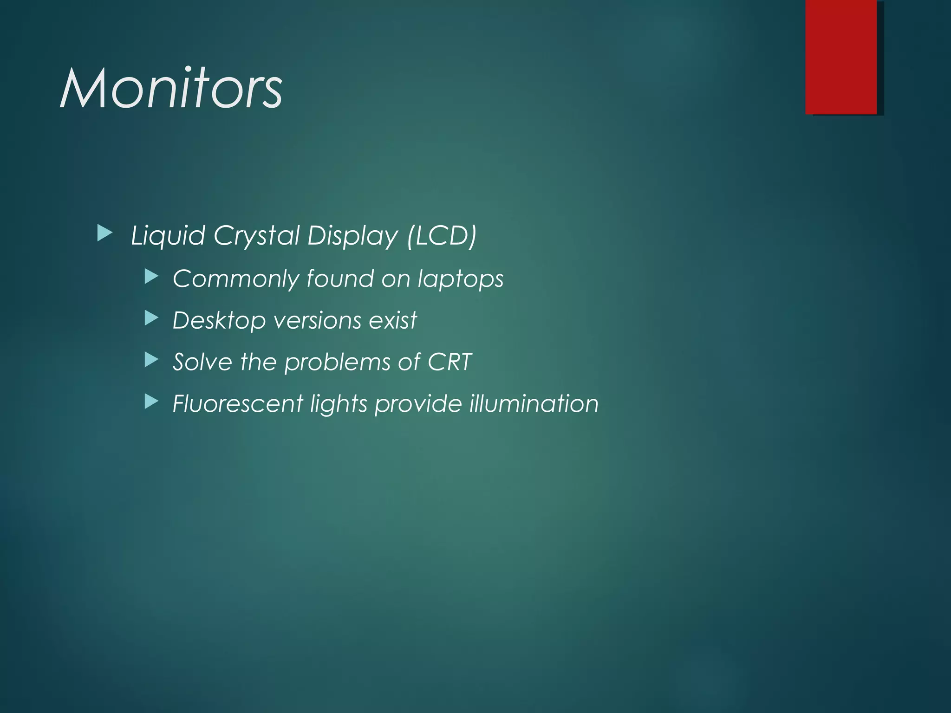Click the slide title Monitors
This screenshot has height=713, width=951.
tap(171, 88)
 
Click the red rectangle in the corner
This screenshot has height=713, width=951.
tap(840, 57)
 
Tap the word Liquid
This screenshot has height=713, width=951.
tap(168, 235)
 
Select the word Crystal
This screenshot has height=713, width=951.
tap(256, 236)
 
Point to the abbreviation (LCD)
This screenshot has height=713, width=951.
tap(442, 236)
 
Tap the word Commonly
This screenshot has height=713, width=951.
tap(236, 279)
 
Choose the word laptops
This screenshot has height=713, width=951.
tap(460, 279)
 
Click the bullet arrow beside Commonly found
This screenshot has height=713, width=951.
tap(151, 277)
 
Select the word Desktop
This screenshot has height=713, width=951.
tap(219, 321)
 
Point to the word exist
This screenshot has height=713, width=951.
tap(392, 320)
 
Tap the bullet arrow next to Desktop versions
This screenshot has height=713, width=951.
tap(151, 318)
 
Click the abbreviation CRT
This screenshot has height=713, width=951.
tap(449, 362)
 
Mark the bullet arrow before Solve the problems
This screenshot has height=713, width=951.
tap(151, 360)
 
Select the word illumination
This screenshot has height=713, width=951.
tap(534, 403)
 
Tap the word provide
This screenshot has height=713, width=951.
tap(418, 404)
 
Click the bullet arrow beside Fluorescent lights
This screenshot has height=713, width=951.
tap(151, 402)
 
